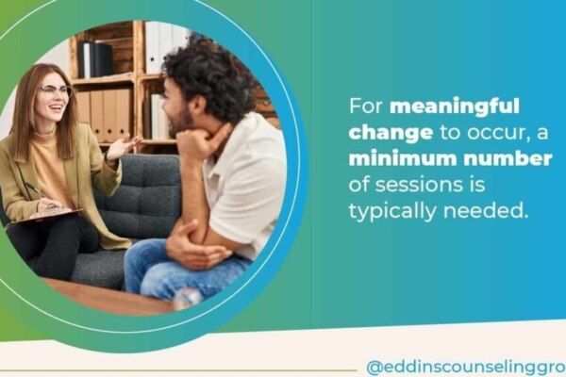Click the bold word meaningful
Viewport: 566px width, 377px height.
pyautogui.click(x=455, y=107)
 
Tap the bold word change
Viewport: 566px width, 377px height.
pyautogui.click(x=391, y=133)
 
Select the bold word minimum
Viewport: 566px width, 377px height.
pyautogui.click(x=403, y=158)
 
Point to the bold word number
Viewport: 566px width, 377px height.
pyautogui.click(x=508, y=158)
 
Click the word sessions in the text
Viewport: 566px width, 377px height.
pyautogui.click(x=417, y=185)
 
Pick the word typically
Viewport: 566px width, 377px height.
pyautogui.click(x=392, y=211)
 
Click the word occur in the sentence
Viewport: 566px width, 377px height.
pyautogui.click(x=500, y=134)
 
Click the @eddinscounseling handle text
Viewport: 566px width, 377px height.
pyautogui.click(x=466, y=368)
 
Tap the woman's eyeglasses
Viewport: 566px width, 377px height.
pyautogui.click(x=57, y=90)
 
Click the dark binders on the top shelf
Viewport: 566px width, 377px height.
pyautogui.click(x=95, y=59)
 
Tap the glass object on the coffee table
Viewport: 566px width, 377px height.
pyautogui.click(x=188, y=299)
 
